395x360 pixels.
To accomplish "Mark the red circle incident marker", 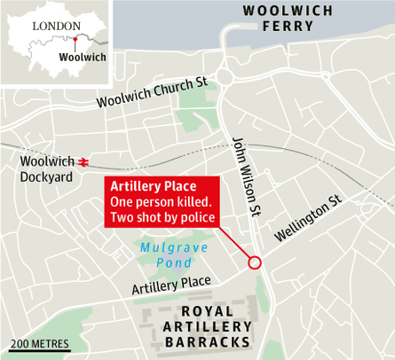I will [x=255, y=262].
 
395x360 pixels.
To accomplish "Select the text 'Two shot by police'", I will [x=162, y=218].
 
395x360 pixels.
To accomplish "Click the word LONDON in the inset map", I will [x=55, y=26].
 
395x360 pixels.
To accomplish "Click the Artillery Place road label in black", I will [x=171, y=286].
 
